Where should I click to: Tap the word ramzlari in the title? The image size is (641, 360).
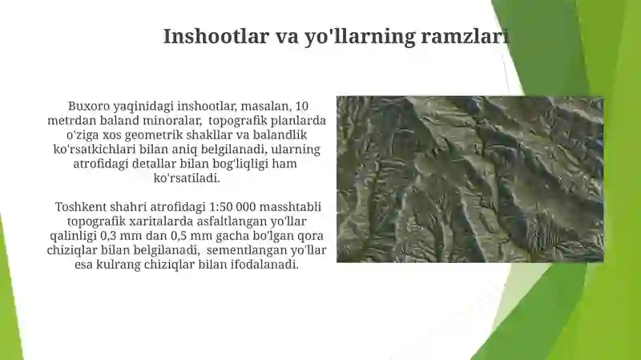pos(466,36)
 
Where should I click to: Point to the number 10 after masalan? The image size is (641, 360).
pos(302,106)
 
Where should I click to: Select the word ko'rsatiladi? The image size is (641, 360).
pos(187,178)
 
